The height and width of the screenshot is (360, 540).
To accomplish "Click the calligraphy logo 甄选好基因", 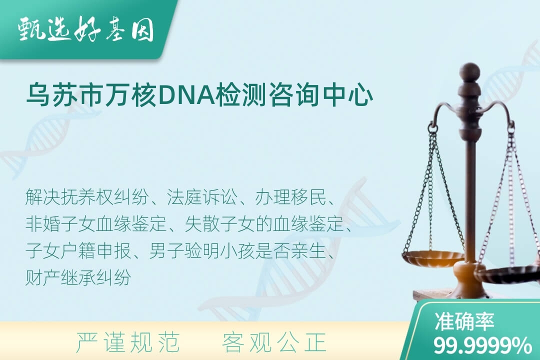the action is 85,30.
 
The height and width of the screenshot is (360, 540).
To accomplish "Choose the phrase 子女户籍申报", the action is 78,251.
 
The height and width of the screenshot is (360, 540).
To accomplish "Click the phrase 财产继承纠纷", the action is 78,277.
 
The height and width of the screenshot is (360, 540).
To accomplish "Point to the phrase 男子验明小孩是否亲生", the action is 237,251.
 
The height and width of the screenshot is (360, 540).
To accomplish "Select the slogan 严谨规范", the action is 128,342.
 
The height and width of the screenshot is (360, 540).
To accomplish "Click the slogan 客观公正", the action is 274,342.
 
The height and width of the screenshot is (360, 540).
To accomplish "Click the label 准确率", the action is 464,321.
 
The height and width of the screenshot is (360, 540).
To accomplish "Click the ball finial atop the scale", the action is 469,72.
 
